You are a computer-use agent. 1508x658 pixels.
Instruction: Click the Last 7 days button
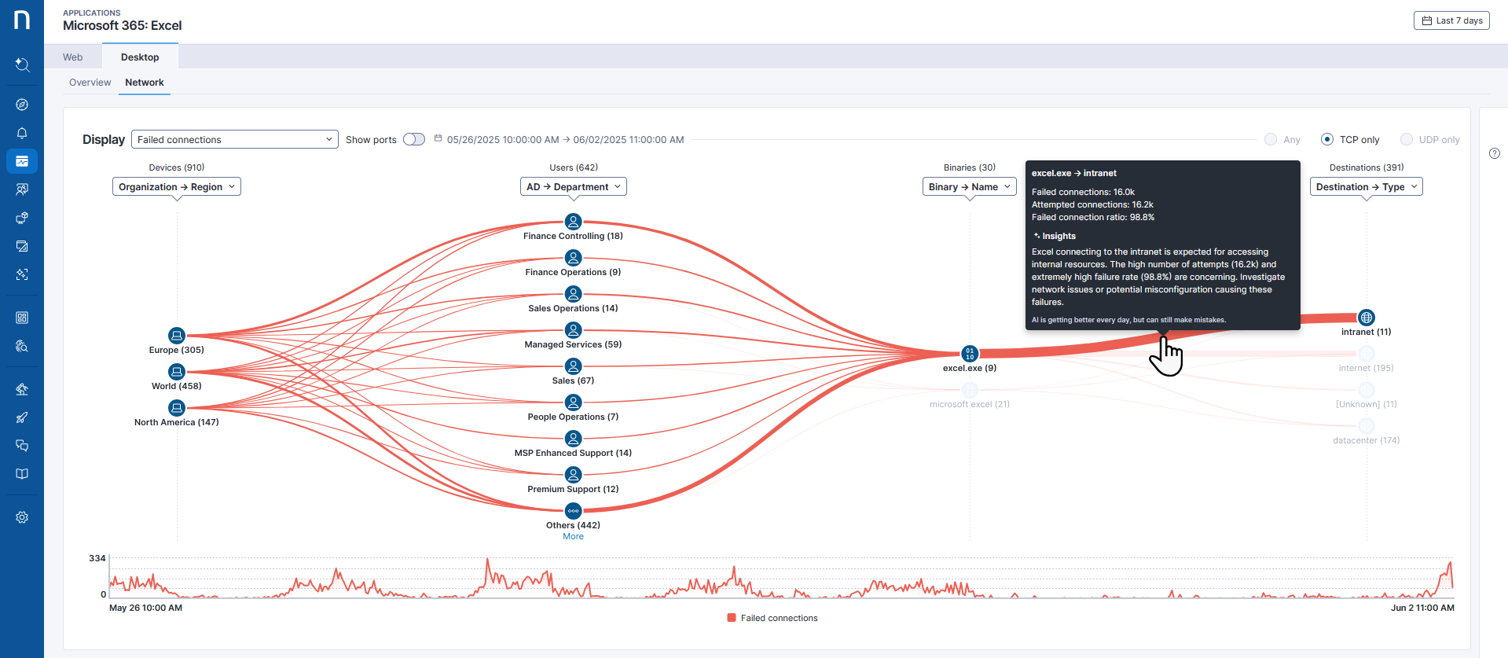click(1451, 20)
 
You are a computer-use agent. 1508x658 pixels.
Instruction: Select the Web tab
click(73, 57)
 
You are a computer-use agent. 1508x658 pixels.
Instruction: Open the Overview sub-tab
click(90, 83)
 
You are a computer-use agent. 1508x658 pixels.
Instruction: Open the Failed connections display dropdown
click(234, 140)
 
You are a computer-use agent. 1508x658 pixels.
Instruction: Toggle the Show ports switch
click(414, 140)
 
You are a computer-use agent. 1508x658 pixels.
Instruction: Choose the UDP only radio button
click(1407, 140)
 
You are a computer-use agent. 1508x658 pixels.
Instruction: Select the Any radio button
click(1271, 140)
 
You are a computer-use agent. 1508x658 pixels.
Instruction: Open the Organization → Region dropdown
click(177, 187)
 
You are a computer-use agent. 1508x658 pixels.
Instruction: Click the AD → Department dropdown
click(574, 187)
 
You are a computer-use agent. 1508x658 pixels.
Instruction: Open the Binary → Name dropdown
click(969, 187)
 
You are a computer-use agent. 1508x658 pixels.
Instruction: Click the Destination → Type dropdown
click(1366, 187)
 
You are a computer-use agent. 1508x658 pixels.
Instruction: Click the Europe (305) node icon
click(177, 336)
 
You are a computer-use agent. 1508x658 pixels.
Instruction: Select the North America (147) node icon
click(177, 408)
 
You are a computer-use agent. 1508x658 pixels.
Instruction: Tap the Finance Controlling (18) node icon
click(574, 222)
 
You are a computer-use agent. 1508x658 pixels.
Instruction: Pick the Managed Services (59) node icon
click(574, 330)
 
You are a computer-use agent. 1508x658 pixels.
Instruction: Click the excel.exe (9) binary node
click(970, 354)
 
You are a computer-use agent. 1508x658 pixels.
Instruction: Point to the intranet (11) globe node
click(1367, 318)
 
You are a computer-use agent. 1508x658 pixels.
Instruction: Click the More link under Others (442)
click(573, 537)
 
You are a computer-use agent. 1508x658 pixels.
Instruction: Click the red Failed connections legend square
click(732, 618)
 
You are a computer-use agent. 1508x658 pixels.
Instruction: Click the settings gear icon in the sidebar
click(22, 517)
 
